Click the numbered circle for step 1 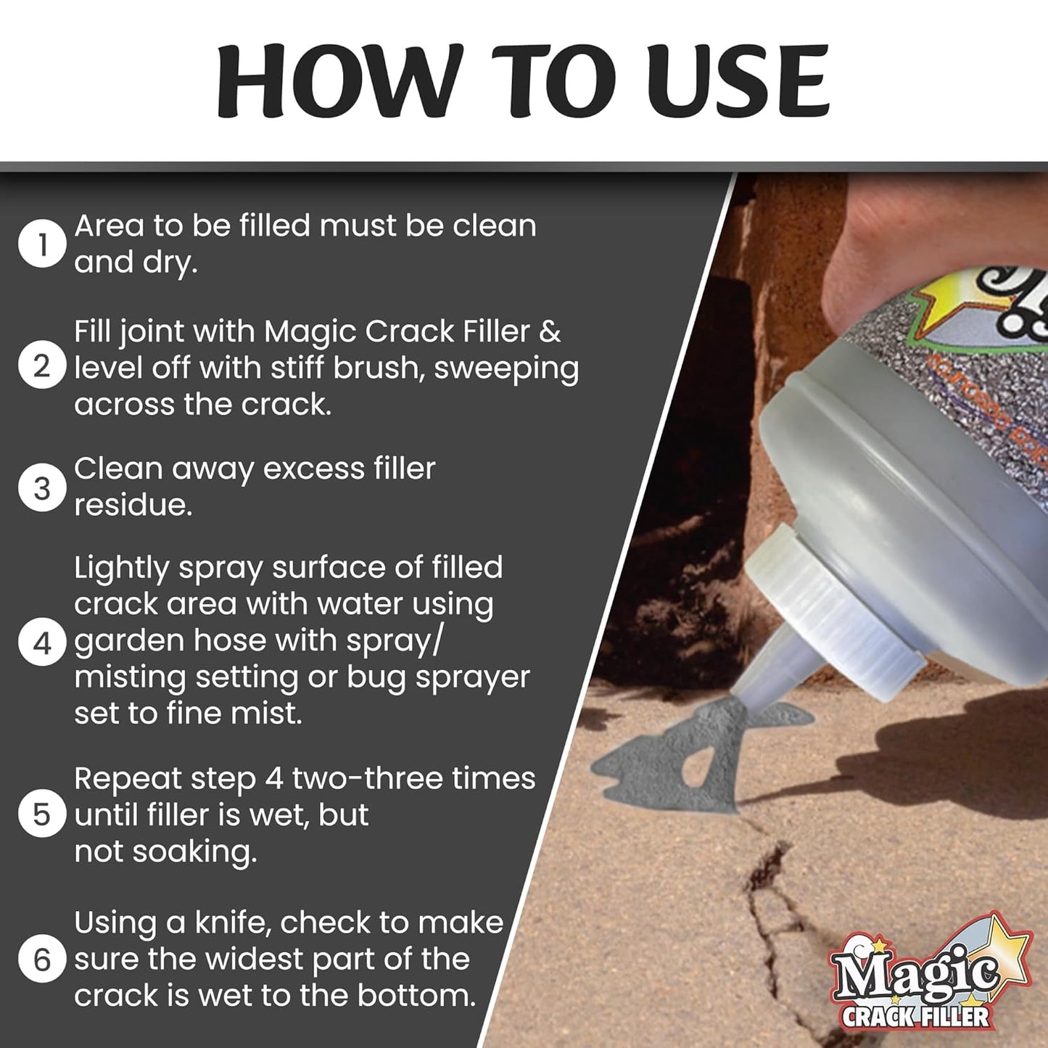coord(42,244)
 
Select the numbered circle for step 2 coord(42,367)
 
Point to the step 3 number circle coord(42,487)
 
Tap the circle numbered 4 coord(42,642)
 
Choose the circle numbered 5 coord(42,814)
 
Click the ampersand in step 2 coord(550,331)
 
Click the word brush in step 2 coord(376,368)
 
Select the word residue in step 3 coord(133,506)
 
